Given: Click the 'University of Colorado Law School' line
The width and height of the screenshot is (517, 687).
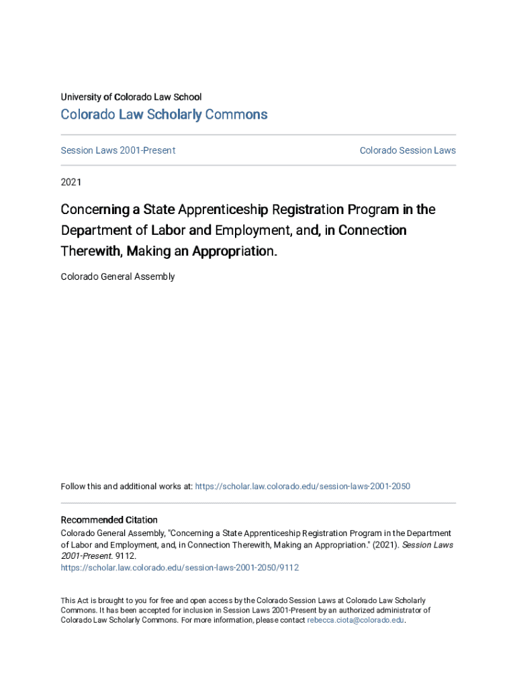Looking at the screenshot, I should [x=131, y=97].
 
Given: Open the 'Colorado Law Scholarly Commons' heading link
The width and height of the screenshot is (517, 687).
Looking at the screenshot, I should [x=164, y=115].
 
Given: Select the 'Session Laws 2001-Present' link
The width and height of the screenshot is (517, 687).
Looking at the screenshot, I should [x=118, y=150].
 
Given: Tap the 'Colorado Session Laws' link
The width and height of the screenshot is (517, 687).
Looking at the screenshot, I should [x=408, y=150].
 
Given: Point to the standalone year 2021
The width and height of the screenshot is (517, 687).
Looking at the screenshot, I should [x=71, y=182].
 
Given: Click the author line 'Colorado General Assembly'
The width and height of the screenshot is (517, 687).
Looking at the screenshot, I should [x=117, y=276].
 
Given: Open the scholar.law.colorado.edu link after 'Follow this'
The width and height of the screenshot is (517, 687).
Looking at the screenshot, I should [x=302, y=486].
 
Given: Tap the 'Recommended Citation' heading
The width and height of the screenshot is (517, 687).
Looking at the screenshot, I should [x=109, y=520].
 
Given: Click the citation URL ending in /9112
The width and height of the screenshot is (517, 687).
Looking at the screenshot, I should [x=180, y=568].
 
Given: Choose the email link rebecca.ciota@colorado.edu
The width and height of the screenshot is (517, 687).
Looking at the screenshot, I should [x=356, y=621].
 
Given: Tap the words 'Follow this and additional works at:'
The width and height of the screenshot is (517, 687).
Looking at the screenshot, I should [x=126, y=486].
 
